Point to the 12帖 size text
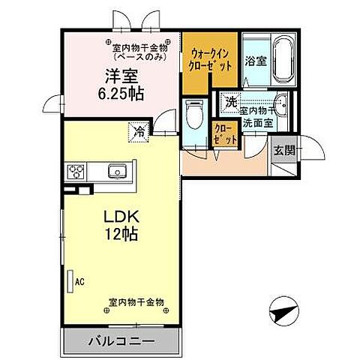(x=120, y=235)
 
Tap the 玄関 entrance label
(x=283, y=150)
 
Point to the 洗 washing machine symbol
(x=232, y=102)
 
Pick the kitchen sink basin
(x=118, y=172)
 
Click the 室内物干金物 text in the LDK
(x=136, y=303)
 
